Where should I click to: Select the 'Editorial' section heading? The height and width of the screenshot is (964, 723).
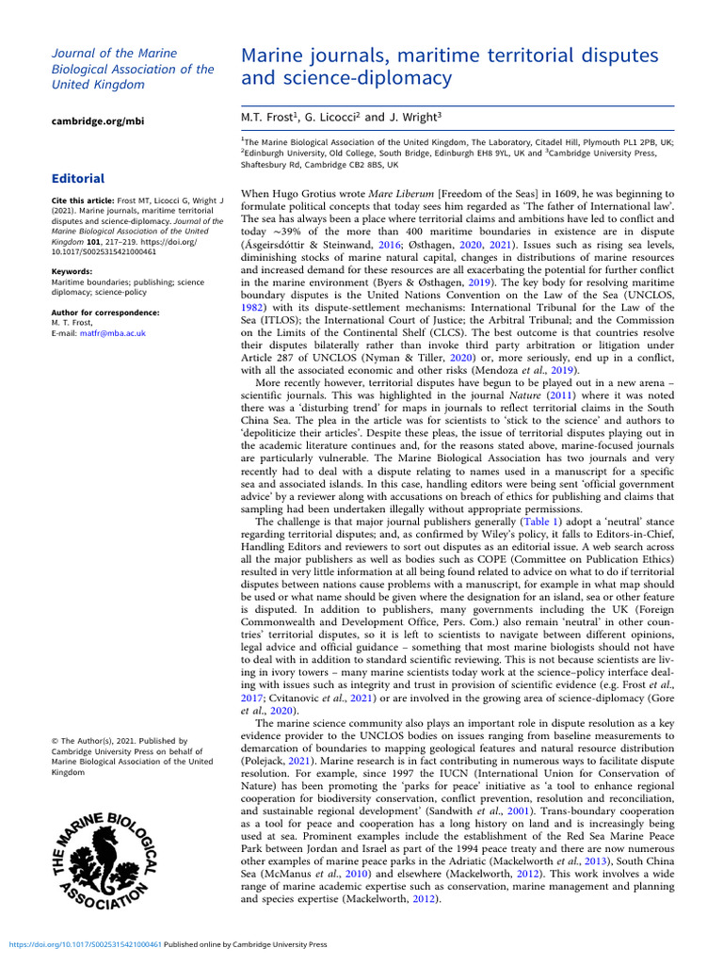[x=78, y=178]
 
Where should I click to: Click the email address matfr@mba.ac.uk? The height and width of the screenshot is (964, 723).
[x=113, y=332]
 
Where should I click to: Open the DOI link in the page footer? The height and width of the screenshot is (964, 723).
[x=85, y=944]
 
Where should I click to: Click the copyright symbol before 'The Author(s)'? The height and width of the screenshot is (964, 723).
[x=55, y=741]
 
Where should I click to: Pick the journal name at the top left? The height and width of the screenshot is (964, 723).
[x=132, y=69]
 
